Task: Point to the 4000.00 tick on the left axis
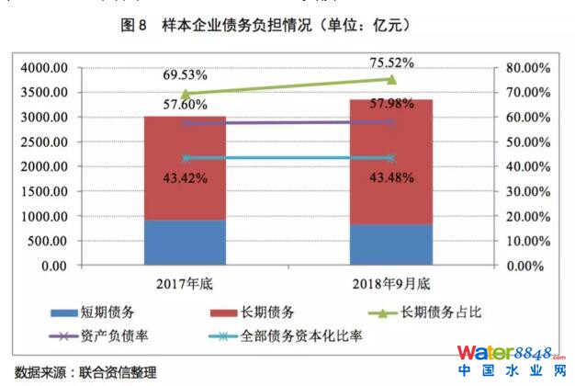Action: [x=41, y=68]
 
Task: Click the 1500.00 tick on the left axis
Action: [x=41, y=192]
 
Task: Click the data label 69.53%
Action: [x=185, y=74]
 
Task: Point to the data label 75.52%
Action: [x=390, y=62]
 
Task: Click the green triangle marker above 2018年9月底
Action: [x=391, y=80]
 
